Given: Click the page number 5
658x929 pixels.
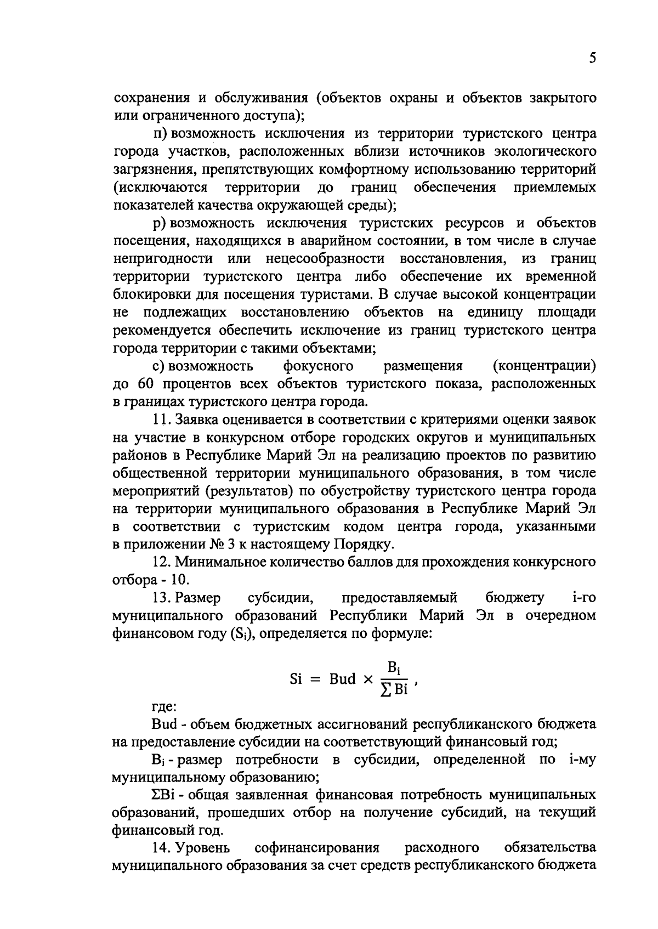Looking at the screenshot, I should pyautogui.click(x=592, y=59).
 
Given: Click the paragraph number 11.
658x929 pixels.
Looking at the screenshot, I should pyautogui.click(x=162, y=419).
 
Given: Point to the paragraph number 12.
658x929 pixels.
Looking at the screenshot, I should pyautogui.click(x=162, y=562).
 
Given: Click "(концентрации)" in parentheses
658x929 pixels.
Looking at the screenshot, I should pyautogui.click(x=544, y=366).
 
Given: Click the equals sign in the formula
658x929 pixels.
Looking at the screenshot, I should pyautogui.click(x=314, y=679).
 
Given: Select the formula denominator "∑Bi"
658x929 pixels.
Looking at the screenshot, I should pyautogui.click(x=394, y=689).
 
